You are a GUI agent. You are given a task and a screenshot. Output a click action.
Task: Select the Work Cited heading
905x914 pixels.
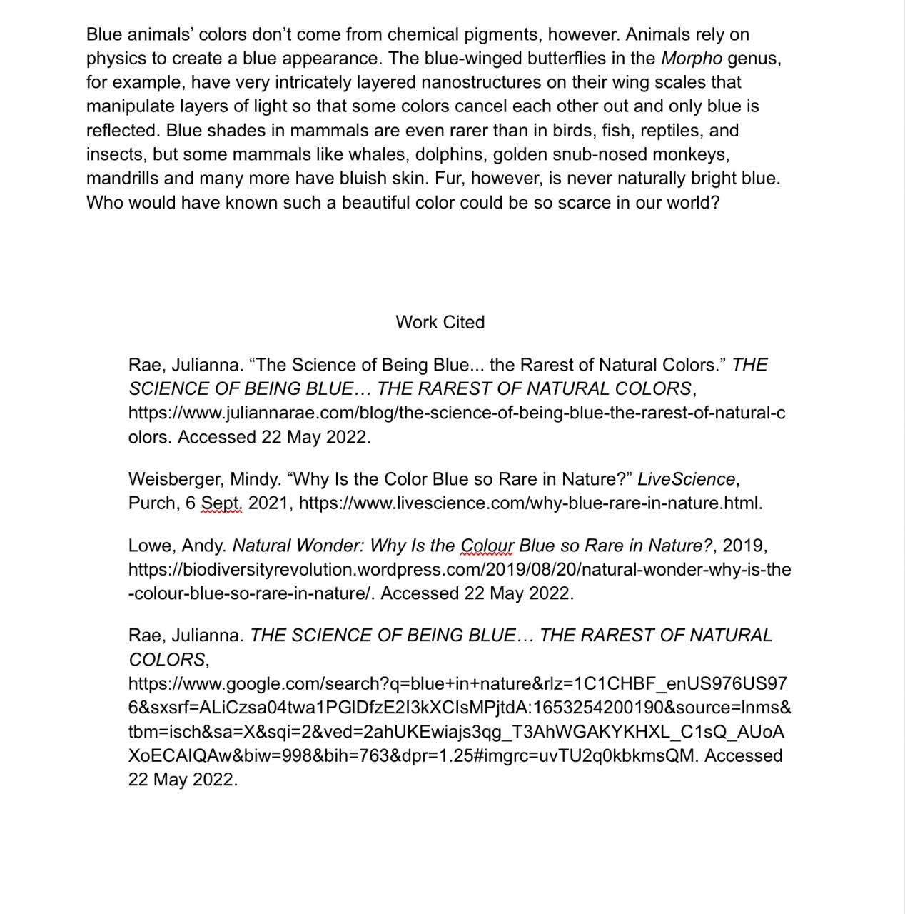tap(440, 322)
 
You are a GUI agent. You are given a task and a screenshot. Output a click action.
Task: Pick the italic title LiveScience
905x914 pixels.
tap(686, 479)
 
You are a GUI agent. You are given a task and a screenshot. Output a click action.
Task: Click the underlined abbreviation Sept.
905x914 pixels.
tap(221, 503)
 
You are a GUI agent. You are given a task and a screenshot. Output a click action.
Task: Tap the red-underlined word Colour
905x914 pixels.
tap(487, 546)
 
